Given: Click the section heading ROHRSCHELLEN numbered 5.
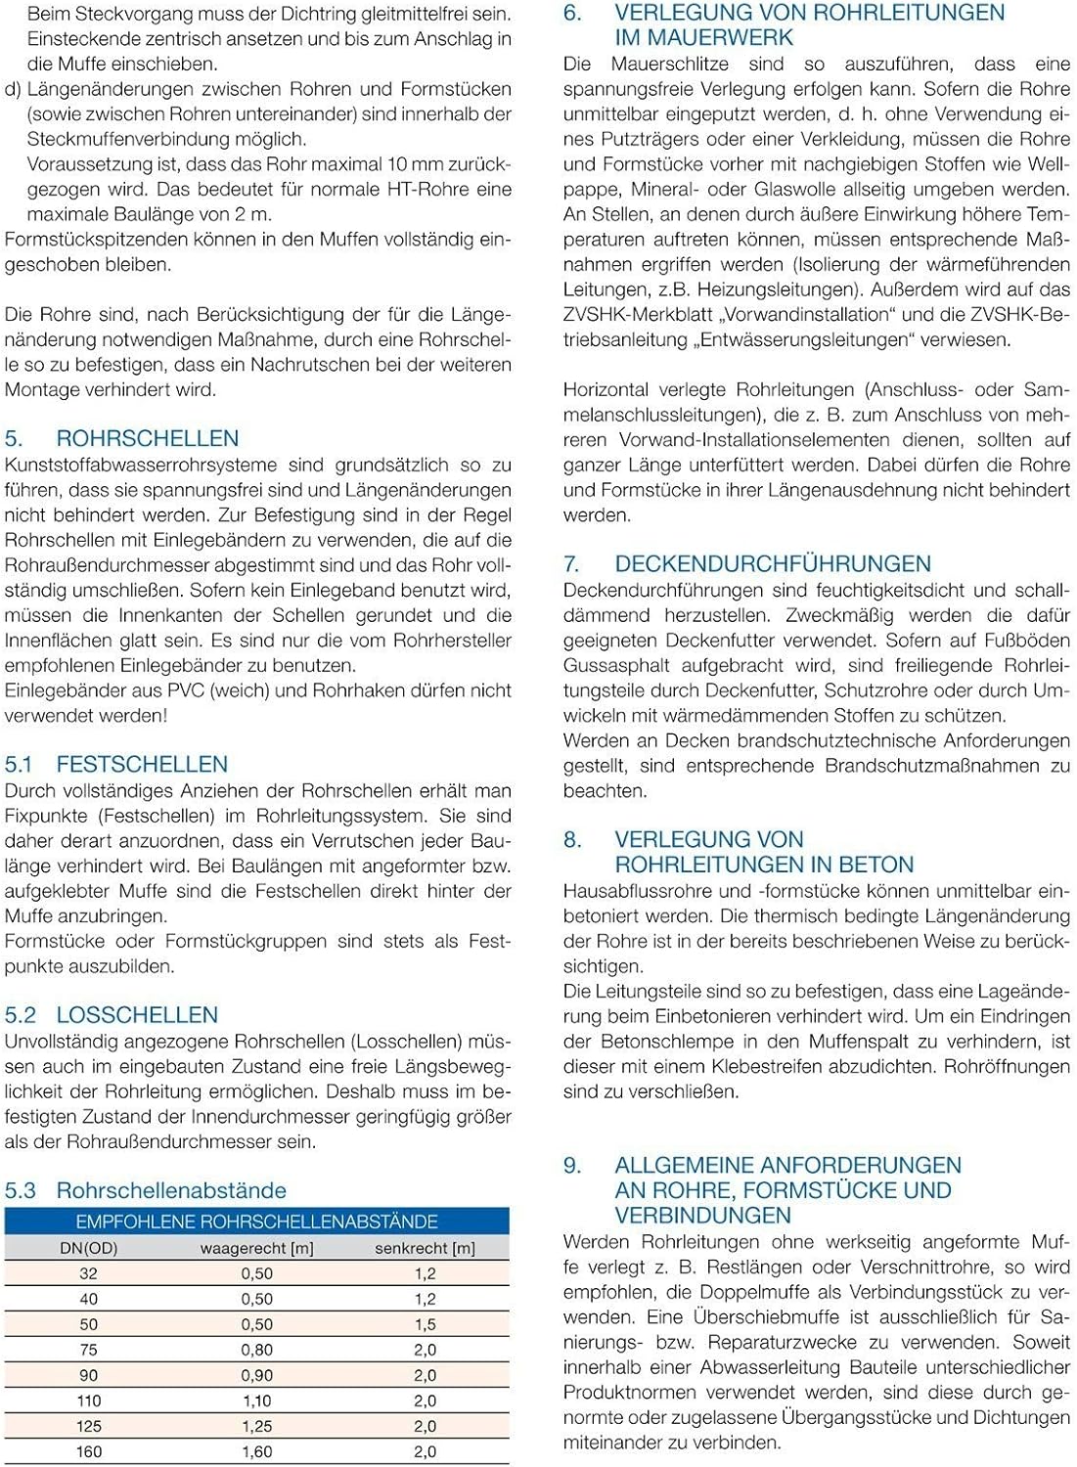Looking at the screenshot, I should pos(147,438).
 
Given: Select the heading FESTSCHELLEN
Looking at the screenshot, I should pos(142,764).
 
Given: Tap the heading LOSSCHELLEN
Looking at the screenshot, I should pos(137,1014).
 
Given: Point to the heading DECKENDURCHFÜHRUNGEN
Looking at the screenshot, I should pos(773,563).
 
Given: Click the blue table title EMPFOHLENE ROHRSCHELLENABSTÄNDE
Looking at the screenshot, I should pos(256,1222).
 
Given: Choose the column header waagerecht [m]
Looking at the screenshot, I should pos(256,1248).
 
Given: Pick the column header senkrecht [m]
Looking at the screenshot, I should pos(425,1248).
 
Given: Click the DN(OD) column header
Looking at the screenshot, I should pos(88,1248).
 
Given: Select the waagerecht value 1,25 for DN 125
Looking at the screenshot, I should pos(256,1426).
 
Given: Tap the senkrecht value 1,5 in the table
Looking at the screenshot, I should pos(425,1324).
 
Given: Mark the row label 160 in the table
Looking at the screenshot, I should pos(89,1451).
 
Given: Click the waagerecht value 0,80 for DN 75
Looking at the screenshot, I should pos(256,1350).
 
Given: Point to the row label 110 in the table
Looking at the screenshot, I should pos(89,1400).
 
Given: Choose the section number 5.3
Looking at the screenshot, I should pos(21,1190).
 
